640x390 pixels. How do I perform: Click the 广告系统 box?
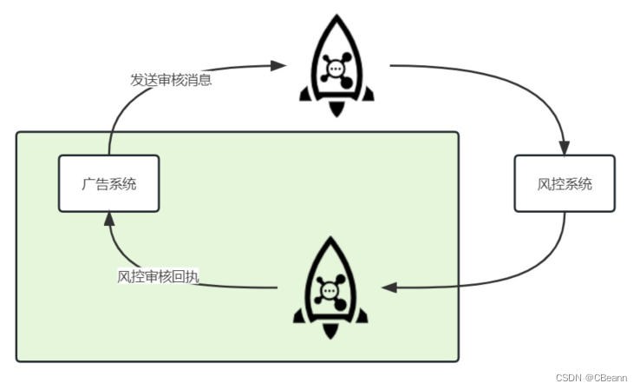109,183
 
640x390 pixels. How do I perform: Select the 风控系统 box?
565,183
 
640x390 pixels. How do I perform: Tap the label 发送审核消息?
172,80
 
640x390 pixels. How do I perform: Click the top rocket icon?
336,65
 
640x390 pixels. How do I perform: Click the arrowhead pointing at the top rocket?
279,64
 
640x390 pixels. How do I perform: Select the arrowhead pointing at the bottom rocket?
389,287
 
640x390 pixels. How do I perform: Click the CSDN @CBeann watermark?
591,378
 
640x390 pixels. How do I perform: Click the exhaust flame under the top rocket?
336,109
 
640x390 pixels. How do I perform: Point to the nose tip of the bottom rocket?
330,239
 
